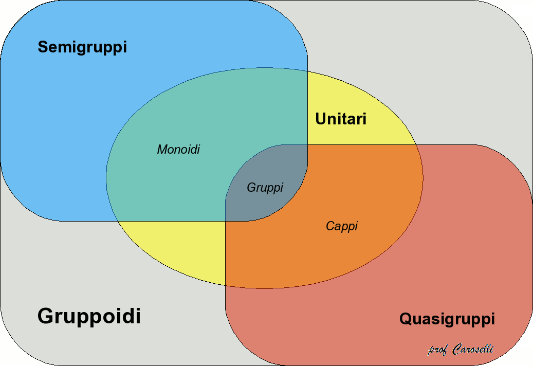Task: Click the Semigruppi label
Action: coord(82,47)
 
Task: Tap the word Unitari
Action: coord(341,119)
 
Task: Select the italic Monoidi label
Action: coord(178,150)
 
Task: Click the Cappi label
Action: coord(342,226)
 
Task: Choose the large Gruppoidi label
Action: coord(89,316)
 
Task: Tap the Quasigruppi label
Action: coord(447,319)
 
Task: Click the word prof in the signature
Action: coord(437,350)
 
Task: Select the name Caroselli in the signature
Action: coord(473,349)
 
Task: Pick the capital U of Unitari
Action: coord(321,119)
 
